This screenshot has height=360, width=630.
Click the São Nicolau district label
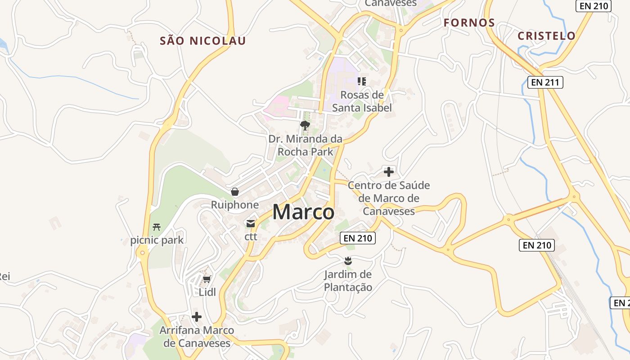coord(203,41)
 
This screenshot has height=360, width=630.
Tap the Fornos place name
coord(469,23)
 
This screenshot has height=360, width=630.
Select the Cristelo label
coord(546,36)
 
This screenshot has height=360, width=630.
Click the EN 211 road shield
coord(545,82)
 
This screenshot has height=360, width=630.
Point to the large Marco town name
coord(303,212)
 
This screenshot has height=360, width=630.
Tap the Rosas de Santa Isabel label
coord(362,101)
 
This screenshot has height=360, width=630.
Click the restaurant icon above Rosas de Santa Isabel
coord(361,81)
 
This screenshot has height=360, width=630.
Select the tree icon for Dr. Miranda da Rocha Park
coord(305,126)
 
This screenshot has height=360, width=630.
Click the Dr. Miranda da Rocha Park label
coord(306,145)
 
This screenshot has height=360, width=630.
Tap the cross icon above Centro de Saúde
coord(389,171)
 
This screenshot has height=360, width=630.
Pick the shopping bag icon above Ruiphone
coord(235,192)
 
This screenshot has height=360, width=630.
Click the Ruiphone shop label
coord(235,205)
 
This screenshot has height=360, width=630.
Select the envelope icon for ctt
coord(251,223)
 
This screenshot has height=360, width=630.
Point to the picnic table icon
coord(157,227)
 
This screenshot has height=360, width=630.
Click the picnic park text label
coord(157,240)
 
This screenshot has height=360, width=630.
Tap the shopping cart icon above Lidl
coord(207,279)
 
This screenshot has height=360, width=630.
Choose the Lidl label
coord(207,292)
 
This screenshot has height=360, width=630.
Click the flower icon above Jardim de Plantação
coord(348,261)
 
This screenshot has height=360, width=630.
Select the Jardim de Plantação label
coord(348,281)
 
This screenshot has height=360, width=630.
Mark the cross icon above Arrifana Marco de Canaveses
coord(197,317)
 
